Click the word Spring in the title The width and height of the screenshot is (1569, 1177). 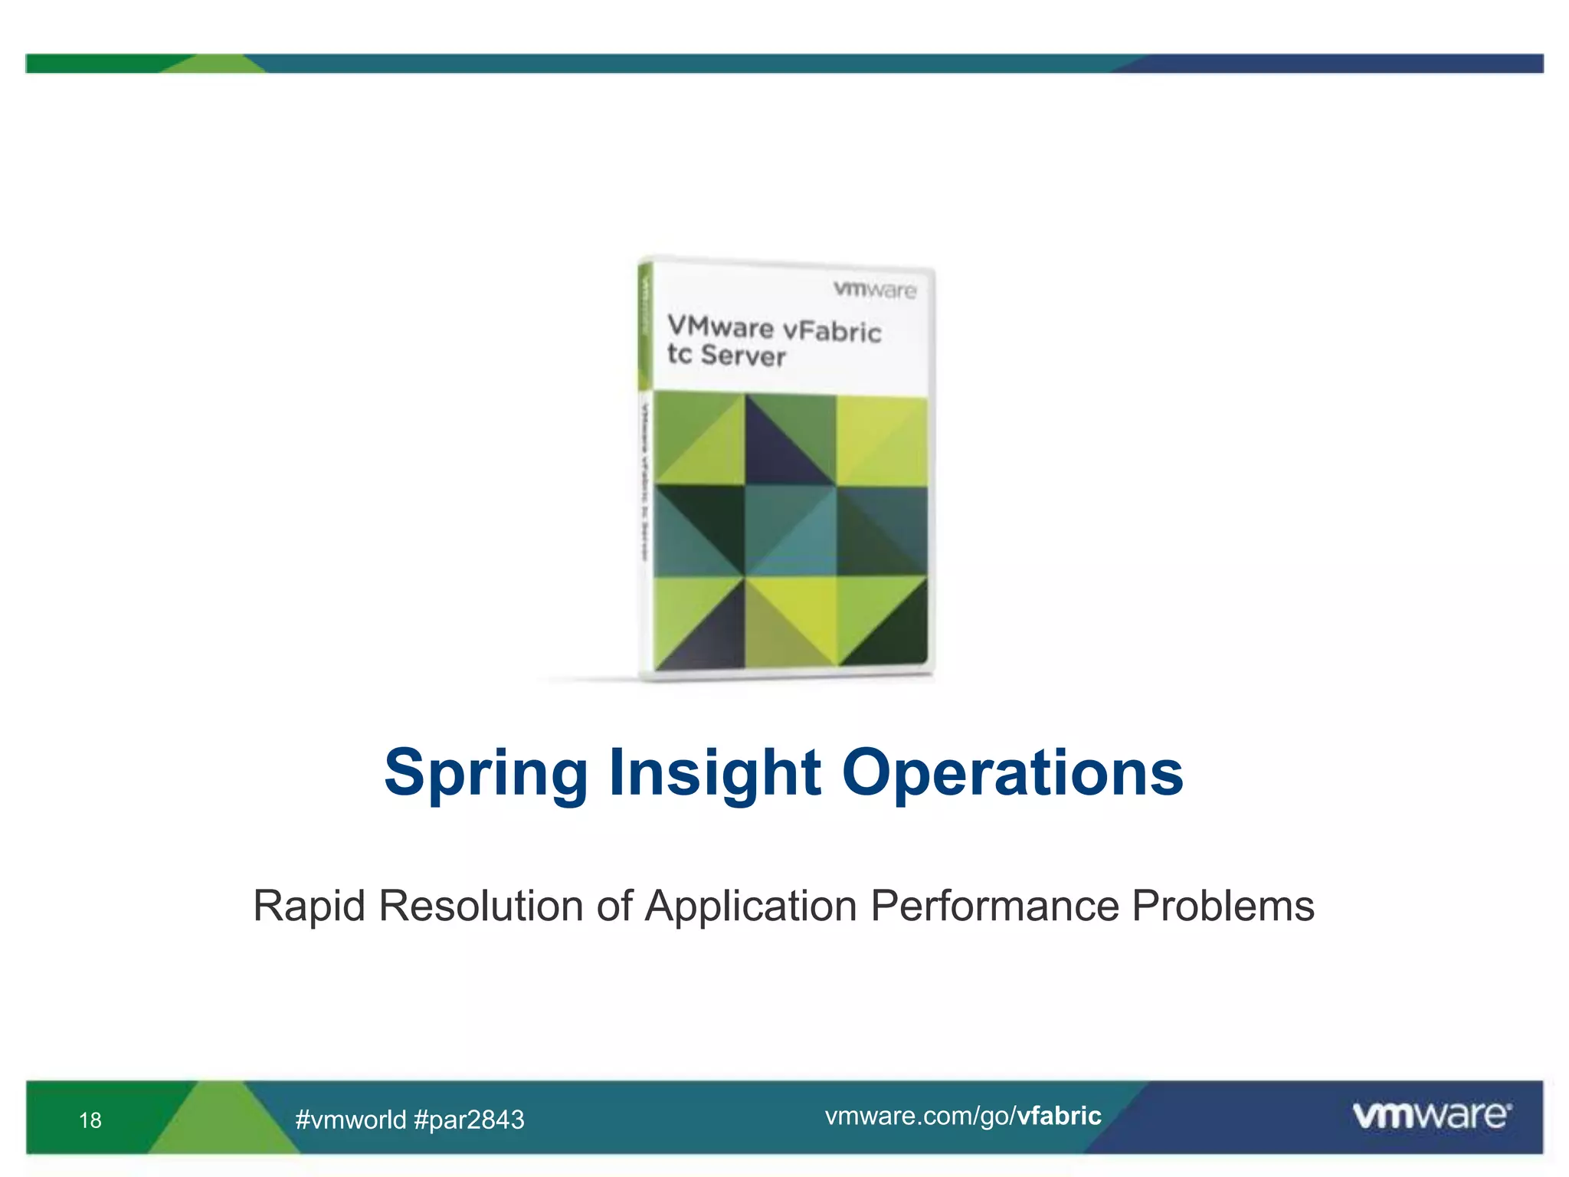(486, 774)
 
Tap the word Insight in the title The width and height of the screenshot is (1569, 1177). (715, 774)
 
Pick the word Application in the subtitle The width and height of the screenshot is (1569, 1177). (750, 907)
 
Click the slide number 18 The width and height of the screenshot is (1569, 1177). (90, 1120)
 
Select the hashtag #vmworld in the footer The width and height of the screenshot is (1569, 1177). (350, 1120)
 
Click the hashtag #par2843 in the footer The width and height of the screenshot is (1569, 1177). (469, 1120)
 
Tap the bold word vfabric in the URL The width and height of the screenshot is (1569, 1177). (1059, 1116)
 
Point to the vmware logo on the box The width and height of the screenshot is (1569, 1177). (874, 290)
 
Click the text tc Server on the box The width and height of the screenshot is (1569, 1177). (726, 356)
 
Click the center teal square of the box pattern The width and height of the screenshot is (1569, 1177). (790, 530)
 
